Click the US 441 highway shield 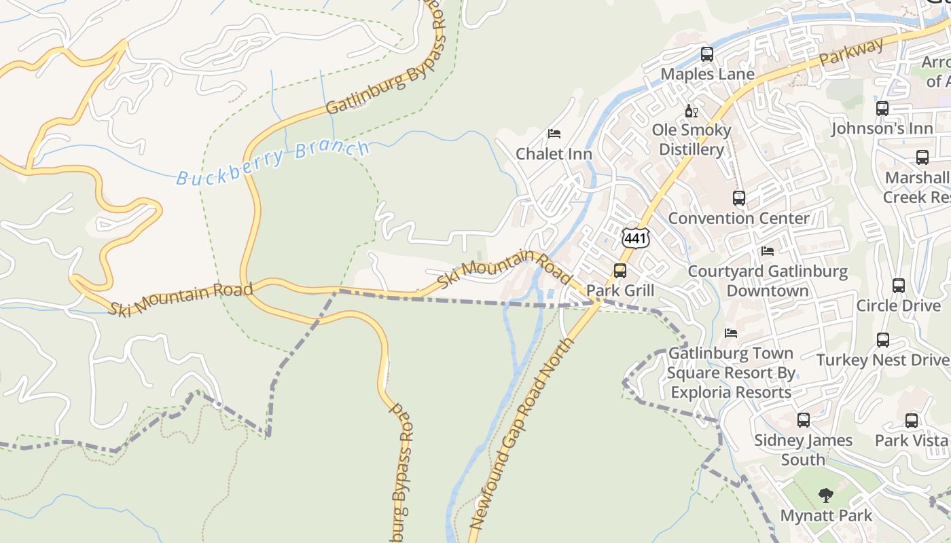click(635, 238)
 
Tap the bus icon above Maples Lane click(707, 54)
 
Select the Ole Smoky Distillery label click(692, 139)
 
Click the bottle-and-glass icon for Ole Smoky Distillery click(692, 111)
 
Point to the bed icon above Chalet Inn click(554, 134)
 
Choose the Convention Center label click(738, 218)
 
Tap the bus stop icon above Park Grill click(620, 271)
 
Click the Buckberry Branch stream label click(273, 163)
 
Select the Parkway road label click(851, 52)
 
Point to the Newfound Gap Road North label click(522, 434)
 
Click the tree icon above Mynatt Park click(826, 495)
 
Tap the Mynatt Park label click(826, 516)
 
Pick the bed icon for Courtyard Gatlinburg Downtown click(768, 251)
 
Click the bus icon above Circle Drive click(899, 286)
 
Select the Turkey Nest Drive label click(882, 360)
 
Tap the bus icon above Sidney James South click(804, 420)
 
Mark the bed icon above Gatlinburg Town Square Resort click(731, 333)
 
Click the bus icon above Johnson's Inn click(882, 109)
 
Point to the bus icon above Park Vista click(912, 421)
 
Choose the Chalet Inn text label click(554, 154)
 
